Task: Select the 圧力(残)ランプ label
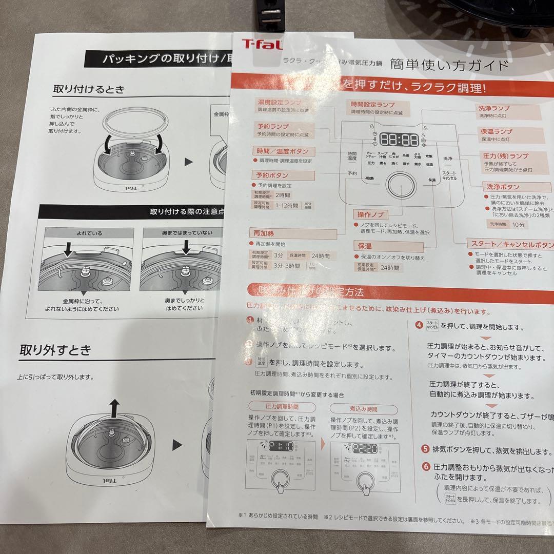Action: point(505,155)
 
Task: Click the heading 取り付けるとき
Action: point(89,89)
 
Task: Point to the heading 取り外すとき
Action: point(55,350)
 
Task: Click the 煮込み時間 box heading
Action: point(363,409)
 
